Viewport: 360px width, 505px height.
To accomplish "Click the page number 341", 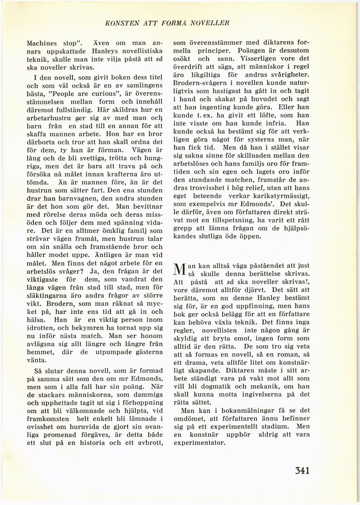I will (298, 470).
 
